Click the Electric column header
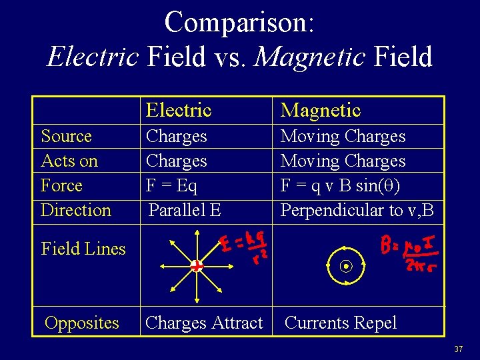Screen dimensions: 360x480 point(178,110)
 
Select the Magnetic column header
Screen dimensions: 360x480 point(320,110)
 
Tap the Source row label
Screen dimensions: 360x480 point(66,136)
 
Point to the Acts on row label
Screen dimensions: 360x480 point(69,161)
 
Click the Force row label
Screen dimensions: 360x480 point(61,185)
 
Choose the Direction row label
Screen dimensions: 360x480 point(75,210)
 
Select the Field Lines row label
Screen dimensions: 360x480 point(83,249)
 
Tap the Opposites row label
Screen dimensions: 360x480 point(81,323)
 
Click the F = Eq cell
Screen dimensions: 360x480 point(171,185)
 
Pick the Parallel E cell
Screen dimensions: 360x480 point(185,210)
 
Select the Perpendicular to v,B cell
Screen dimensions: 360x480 point(357,210)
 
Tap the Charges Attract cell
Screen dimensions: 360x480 point(204,323)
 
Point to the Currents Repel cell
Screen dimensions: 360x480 point(340,323)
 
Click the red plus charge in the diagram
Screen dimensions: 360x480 point(196,266)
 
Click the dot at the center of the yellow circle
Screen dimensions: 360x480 point(346,267)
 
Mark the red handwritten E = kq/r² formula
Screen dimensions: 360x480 point(243,246)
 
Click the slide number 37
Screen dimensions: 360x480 point(458,349)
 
